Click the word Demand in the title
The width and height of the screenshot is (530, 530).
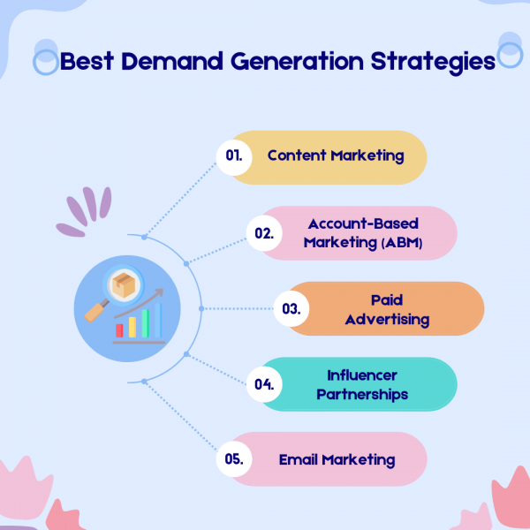[172, 61]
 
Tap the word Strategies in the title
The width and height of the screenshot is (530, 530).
[433, 63]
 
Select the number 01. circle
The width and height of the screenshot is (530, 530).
[234, 157]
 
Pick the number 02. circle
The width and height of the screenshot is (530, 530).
[264, 233]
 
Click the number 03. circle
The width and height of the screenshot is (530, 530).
[291, 308]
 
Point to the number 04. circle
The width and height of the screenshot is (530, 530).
[264, 384]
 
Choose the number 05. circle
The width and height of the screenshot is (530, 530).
[234, 459]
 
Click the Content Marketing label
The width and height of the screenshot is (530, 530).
[336, 155]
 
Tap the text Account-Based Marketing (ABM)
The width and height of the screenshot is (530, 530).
[363, 233]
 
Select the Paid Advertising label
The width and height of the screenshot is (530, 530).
[387, 310]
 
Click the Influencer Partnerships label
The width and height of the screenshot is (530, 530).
[362, 385]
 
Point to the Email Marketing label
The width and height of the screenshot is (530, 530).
[337, 460]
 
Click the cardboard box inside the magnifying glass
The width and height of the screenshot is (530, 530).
[124, 285]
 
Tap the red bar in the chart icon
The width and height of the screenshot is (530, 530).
[119, 330]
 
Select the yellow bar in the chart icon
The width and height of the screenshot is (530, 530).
[132, 327]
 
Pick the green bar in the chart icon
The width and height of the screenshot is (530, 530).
[146, 323]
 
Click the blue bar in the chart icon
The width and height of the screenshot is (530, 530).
[158, 320]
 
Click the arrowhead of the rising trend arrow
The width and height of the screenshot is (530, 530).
[159, 292]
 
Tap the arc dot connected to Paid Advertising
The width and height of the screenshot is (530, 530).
[201, 308]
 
